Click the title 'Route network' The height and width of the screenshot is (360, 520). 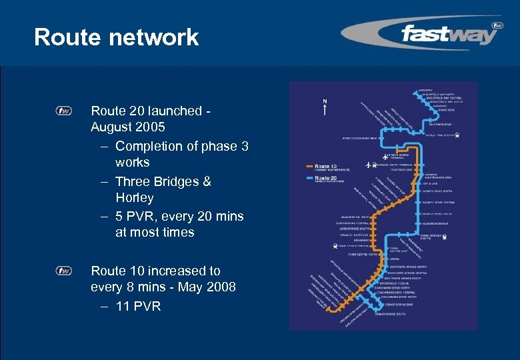116,37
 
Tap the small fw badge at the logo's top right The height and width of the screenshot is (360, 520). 496,26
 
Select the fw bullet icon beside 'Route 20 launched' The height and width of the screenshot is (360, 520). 64,111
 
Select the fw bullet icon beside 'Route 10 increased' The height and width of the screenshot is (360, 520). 64,271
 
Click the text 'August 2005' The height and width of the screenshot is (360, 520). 128,127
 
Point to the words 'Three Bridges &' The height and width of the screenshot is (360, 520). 163,181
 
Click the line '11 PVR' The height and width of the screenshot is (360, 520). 138,306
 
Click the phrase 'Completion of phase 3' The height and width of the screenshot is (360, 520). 181,146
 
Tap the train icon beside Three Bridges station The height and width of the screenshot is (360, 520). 445,237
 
